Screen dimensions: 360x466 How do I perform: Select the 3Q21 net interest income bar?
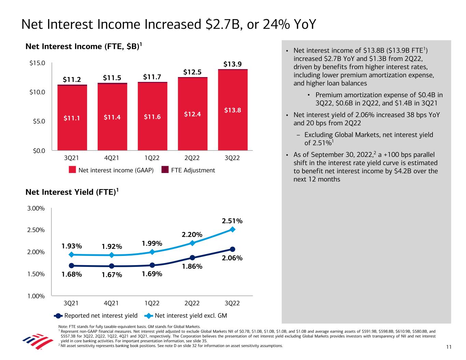[72, 117]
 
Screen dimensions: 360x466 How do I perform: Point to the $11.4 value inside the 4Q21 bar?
[112, 117]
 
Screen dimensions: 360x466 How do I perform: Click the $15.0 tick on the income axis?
[38, 63]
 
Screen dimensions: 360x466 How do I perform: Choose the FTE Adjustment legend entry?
[188, 170]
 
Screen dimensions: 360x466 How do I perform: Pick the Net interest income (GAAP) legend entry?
[111, 170]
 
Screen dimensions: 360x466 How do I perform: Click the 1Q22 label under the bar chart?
[152, 158]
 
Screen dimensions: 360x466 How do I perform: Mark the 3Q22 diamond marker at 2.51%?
[232, 229]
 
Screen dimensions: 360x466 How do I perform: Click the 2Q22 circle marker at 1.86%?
[193, 258]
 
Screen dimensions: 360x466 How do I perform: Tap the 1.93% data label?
[72, 246]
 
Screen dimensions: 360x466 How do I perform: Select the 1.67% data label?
[112, 275]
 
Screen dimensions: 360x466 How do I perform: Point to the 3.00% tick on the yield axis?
[36, 208]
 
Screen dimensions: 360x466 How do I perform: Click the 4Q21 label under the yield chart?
[112, 303]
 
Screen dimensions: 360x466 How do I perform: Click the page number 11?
[449, 347]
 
